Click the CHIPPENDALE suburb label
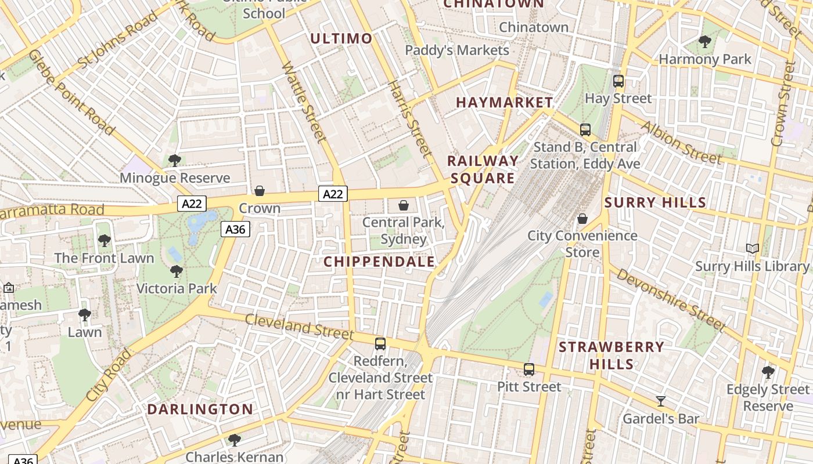pos(379,262)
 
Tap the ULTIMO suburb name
pos(341,39)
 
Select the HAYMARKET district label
pos(505,103)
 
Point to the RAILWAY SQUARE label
pos(483,169)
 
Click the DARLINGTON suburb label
pos(200,409)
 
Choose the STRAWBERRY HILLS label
pos(611,356)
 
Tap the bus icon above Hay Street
pos(618,81)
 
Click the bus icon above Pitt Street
pos(529,369)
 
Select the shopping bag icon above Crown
pos(260,191)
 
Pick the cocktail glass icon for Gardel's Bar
pos(660,401)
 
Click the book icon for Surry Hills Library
pos(753,249)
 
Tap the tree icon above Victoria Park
pos(176,271)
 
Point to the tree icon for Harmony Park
pos(705,41)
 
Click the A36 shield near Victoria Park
pos(235,229)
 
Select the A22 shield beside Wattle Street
pos(333,194)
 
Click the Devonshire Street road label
pos(671,300)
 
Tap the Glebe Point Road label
pos(71,92)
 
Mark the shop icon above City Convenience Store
pos(582,219)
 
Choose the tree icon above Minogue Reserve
pos(175,161)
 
